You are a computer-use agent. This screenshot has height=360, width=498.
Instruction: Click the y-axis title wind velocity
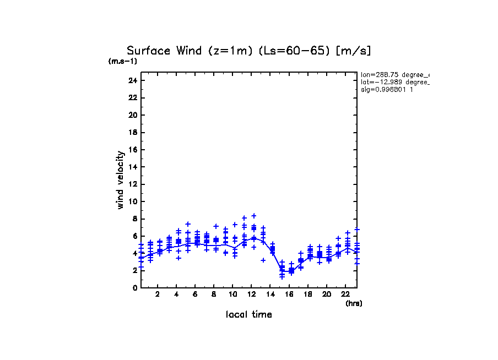click(120, 180)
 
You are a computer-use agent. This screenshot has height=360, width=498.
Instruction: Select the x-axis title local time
click(249, 315)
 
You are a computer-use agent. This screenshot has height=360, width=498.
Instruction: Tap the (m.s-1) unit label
click(123, 61)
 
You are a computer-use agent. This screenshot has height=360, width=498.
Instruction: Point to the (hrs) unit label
click(354, 303)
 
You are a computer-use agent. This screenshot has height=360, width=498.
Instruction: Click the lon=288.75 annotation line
click(394, 74)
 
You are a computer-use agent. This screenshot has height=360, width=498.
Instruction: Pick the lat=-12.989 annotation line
click(394, 81)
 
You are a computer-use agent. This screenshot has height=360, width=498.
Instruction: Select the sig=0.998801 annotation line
click(387, 89)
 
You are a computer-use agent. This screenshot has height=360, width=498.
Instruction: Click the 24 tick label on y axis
click(132, 80)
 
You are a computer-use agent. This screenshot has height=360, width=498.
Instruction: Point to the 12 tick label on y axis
click(132, 184)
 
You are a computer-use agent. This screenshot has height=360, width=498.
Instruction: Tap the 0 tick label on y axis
click(134, 287)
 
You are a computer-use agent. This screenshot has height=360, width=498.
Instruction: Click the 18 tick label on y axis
click(132, 132)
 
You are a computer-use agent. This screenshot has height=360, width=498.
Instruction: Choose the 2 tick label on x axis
click(158, 294)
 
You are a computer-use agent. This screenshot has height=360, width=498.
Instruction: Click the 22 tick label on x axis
click(345, 294)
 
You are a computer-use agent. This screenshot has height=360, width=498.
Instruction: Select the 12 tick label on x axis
click(252, 294)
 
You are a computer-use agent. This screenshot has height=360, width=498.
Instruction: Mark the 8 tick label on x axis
click(214, 294)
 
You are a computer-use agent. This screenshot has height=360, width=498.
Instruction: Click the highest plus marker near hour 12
click(254, 216)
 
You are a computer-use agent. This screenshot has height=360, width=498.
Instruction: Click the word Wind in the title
click(191, 51)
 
